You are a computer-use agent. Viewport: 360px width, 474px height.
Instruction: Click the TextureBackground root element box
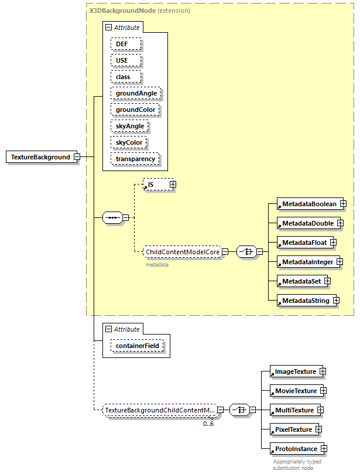[x=39, y=157]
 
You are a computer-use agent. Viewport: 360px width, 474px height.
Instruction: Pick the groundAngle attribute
[x=136, y=93]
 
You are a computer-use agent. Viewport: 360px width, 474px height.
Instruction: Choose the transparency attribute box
[x=135, y=159]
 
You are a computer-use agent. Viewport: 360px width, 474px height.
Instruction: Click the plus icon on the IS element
[x=173, y=185]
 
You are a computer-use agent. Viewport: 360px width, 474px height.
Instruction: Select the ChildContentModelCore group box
[x=183, y=251]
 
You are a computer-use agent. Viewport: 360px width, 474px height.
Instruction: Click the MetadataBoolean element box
[x=308, y=204]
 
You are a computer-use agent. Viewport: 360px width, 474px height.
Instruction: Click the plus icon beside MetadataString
[x=336, y=301]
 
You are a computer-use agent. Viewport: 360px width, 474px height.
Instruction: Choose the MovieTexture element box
[x=295, y=391]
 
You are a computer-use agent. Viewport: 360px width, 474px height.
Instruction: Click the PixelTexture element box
[x=291, y=429]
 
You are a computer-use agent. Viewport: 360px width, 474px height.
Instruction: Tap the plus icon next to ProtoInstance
[x=323, y=449]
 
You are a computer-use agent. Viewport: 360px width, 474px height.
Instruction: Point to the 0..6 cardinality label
[x=208, y=424]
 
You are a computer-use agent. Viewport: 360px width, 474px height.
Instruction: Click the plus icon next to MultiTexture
[x=320, y=410]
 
